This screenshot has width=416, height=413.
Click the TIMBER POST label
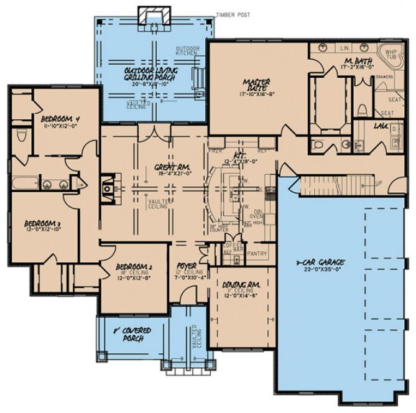[x=233, y=14]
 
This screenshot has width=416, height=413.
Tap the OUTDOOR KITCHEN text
[x=186, y=51]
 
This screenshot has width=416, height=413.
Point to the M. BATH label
[x=357, y=61]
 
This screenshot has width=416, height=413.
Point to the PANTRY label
[x=257, y=254]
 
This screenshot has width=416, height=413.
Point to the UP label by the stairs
[x=379, y=184]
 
